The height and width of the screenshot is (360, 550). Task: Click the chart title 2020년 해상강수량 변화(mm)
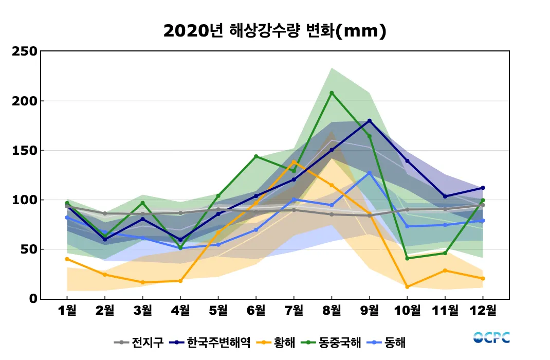coord(274,31)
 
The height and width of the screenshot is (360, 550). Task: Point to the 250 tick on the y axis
coord(24,51)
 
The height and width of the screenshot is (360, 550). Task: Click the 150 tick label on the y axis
coord(24,151)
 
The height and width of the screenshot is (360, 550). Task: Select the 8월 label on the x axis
coord(332,311)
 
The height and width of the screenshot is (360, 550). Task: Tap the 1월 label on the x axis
coord(67,311)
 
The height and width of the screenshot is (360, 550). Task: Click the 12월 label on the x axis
coord(483,311)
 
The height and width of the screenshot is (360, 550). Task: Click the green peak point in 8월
coord(332,93)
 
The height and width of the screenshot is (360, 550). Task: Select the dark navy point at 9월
coord(370,121)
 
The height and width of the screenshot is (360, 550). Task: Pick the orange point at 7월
coord(294,162)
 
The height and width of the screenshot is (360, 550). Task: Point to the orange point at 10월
coord(407,287)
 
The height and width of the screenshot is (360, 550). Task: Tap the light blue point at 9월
coord(370,173)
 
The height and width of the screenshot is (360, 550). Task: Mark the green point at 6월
coord(256,156)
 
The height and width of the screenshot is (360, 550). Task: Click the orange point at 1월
coord(67,259)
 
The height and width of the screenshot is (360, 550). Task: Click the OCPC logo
coord(491,337)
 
